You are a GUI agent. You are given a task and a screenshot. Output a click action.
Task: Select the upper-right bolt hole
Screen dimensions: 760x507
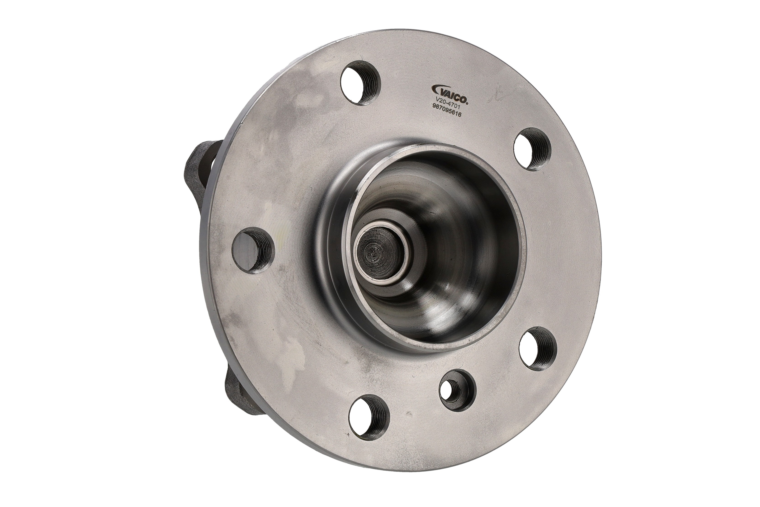532,149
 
